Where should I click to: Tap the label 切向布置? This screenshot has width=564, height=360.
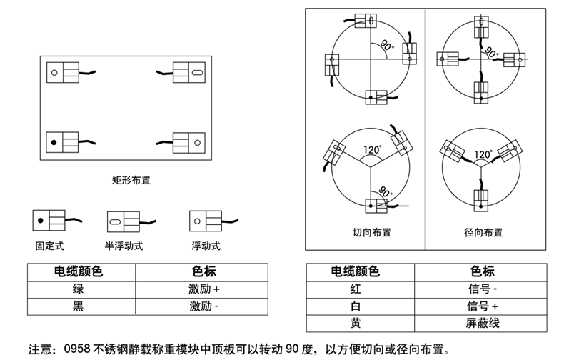(x=371, y=233)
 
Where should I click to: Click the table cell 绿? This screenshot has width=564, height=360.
(x=79, y=289)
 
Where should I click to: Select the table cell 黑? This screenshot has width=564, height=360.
(x=79, y=306)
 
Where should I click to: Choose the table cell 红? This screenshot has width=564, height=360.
(x=356, y=289)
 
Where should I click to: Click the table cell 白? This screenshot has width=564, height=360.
(x=356, y=306)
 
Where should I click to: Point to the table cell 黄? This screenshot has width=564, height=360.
(x=356, y=322)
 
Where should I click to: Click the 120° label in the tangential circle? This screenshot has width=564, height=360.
(x=373, y=150)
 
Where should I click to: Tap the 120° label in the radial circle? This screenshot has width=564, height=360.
(x=483, y=154)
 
